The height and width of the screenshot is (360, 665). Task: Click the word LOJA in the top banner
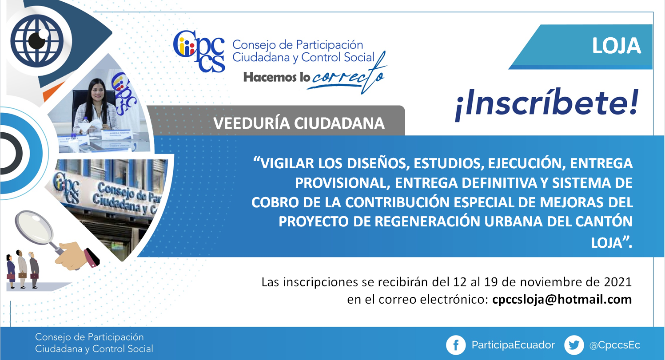(x=616, y=46)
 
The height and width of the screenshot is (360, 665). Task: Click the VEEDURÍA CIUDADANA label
(x=299, y=123)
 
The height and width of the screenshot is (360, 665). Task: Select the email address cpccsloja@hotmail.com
(x=562, y=300)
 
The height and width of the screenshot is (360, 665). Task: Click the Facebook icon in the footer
(x=456, y=345)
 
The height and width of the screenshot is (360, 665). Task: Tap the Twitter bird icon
(x=574, y=345)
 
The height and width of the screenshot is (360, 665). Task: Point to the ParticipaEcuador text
(x=513, y=345)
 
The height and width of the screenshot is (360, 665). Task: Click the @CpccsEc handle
(x=614, y=345)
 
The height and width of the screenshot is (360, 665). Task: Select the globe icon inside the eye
(x=37, y=41)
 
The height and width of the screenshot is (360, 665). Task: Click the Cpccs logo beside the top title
(x=199, y=51)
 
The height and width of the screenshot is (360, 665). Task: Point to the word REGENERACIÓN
(x=427, y=221)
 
